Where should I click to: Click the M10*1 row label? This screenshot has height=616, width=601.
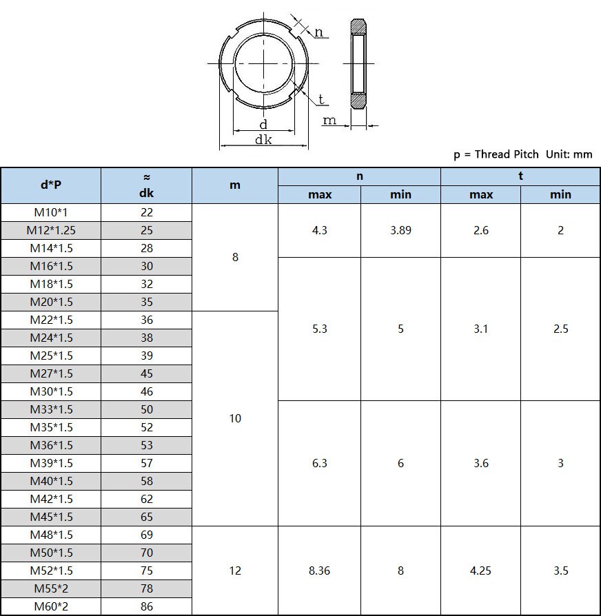(51, 212)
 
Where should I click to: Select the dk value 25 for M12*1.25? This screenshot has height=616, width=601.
(146, 230)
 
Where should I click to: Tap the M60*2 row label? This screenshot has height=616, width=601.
(51, 606)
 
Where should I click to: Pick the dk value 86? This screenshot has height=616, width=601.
(146, 606)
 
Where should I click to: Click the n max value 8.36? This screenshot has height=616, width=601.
(319, 571)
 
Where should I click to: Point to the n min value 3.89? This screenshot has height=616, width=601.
(400, 230)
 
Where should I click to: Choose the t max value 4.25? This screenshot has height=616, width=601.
(480, 571)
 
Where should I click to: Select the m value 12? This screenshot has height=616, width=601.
(235, 571)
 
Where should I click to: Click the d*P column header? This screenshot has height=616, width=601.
(51, 185)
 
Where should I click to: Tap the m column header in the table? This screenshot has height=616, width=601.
(235, 185)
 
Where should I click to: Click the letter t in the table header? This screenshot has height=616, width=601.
(520, 176)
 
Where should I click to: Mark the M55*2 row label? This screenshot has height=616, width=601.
(51, 588)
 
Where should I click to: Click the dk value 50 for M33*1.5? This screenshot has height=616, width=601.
(146, 409)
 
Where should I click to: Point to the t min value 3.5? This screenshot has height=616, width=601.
(560, 571)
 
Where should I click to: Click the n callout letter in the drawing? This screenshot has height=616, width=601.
(318, 32)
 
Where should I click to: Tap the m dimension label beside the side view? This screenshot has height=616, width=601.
(329, 121)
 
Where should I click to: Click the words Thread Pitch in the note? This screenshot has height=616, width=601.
(507, 154)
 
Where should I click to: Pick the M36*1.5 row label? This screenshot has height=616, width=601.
(51, 445)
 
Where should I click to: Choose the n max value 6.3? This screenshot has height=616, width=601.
(319, 463)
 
